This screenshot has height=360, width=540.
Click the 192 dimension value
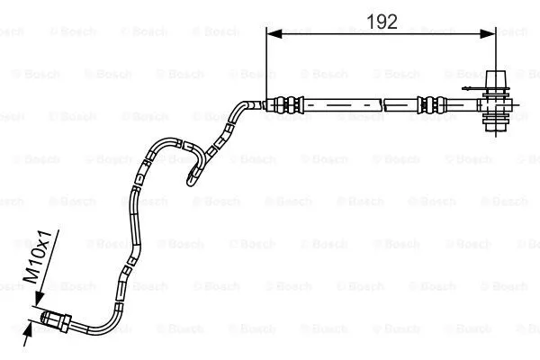pos(382,22)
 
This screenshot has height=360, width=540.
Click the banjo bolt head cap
pos(496,78)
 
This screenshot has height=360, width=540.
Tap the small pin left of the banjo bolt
pos(467,88)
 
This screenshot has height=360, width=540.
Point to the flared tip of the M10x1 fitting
pos(44,317)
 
